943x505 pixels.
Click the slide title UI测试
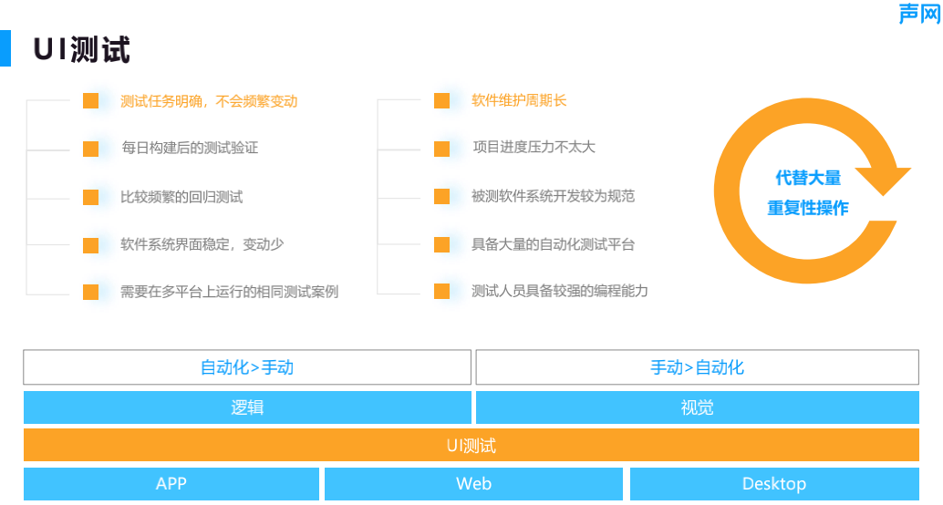coord(82,49)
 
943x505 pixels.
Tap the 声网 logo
coord(918,14)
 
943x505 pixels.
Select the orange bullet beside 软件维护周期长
coord(441,100)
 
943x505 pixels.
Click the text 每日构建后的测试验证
coord(190,148)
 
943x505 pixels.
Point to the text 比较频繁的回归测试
coord(181,197)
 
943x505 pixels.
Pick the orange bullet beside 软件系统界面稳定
coord(90,245)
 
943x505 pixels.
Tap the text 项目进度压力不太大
coord(534,148)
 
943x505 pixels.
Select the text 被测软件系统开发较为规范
coord(553,196)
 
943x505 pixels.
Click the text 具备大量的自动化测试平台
coord(553,244)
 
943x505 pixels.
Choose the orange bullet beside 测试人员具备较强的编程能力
coord(441,292)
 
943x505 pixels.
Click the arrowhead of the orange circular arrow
coord(882,180)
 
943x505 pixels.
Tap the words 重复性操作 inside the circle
coord(808,208)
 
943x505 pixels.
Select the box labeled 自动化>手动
coord(246,367)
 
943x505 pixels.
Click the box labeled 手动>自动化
coord(697,367)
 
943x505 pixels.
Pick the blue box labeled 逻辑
coord(246,407)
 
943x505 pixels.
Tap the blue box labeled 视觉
coord(697,407)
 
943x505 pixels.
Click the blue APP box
coord(171,484)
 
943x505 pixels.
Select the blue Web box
coord(473,484)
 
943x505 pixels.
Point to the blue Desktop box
coord(773,484)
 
